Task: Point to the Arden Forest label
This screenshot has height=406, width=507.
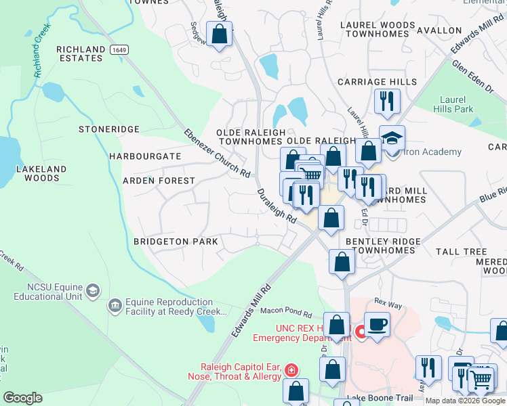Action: coord(159,181)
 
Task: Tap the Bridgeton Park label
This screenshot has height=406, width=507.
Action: coord(176,242)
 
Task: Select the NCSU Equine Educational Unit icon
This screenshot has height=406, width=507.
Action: coord(92,292)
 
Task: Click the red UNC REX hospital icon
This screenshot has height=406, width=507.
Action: coord(361,331)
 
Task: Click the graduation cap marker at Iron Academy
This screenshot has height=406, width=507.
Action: coord(392,138)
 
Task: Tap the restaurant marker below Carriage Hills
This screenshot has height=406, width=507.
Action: coord(387,100)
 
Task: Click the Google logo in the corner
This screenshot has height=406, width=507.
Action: coord(22,398)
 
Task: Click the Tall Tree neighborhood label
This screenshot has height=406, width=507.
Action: coord(462,252)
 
